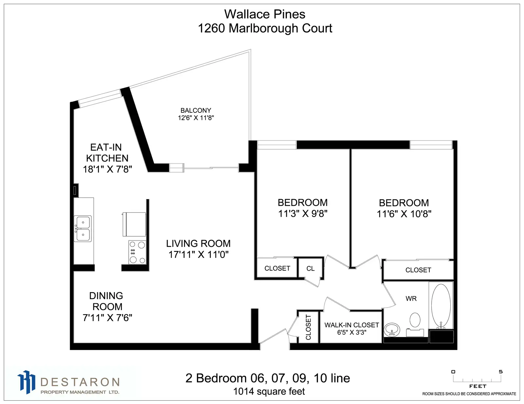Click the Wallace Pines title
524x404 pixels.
[x=265, y=14]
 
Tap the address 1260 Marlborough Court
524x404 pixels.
[x=265, y=28]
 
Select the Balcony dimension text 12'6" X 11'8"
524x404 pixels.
[x=196, y=118]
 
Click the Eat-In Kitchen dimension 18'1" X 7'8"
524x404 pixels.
[x=107, y=169]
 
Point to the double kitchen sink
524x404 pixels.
[x=83, y=228]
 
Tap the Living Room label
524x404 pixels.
[x=198, y=244]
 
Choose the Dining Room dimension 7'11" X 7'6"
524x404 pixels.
[x=107, y=318]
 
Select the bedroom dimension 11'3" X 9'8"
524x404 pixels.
[x=303, y=214]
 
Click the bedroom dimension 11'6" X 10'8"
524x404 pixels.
[x=404, y=214]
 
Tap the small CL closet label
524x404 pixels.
[x=310, y=269]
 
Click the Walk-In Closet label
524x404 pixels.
[x=352, y=325]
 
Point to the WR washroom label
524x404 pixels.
[x=411, y=299]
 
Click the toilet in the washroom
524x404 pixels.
[x=415, y=324]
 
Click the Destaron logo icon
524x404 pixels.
[x=26, y=382]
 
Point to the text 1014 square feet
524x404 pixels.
[x=269, y=392]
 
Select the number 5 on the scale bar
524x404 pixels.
[x=501, y=372]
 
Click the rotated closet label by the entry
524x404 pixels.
[x=308, y=327]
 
